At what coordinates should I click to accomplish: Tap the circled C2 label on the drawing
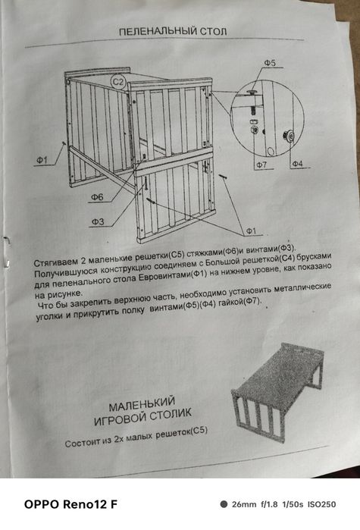118,80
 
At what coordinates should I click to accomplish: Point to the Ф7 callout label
261,164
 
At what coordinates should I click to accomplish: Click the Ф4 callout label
296,163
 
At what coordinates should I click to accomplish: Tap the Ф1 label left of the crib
42,160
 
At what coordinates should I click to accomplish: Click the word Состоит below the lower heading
84,442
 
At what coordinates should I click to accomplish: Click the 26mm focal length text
243,504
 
